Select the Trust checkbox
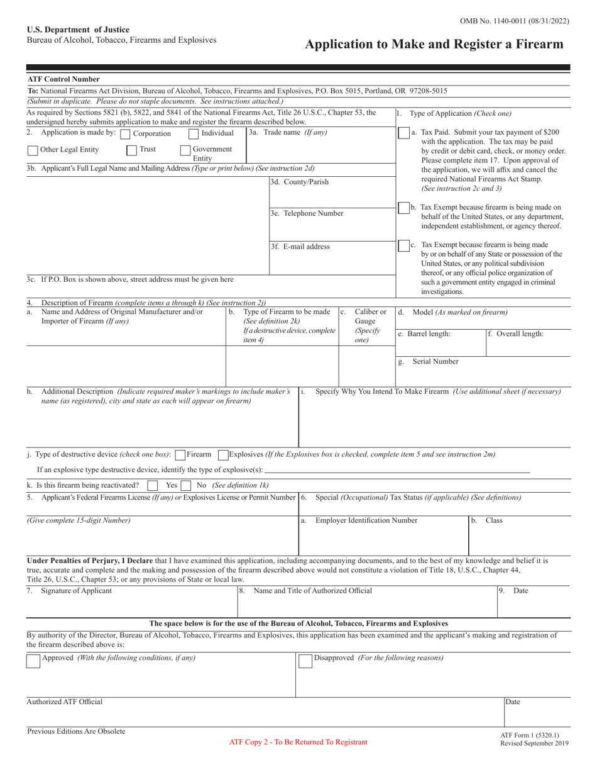[x=132, y=150]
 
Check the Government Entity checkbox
[x=185, y=150]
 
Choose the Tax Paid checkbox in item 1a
[x=404, y=133]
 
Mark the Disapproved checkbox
[x=304, y=660]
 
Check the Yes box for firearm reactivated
[x=152, y=486]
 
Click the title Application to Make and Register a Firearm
[x=434, y=44]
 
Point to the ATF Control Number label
[x=63, y=79]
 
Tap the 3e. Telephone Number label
[x=307, y=213]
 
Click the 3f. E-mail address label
[x=300, y=247]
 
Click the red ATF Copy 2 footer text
[x=298, y=742]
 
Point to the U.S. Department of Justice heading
[x=78, y=30]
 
